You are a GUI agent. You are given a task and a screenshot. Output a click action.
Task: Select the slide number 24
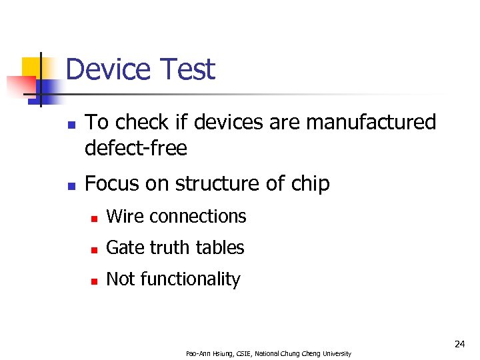tap(459, 344)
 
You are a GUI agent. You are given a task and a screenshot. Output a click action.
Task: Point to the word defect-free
tap(136, 148)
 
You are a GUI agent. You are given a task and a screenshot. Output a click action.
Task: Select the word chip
tap(309, 185)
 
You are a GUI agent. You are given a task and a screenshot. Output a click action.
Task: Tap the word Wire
tap(125, 217)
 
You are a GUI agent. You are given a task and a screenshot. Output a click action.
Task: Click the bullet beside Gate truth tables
tap(95, 249)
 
